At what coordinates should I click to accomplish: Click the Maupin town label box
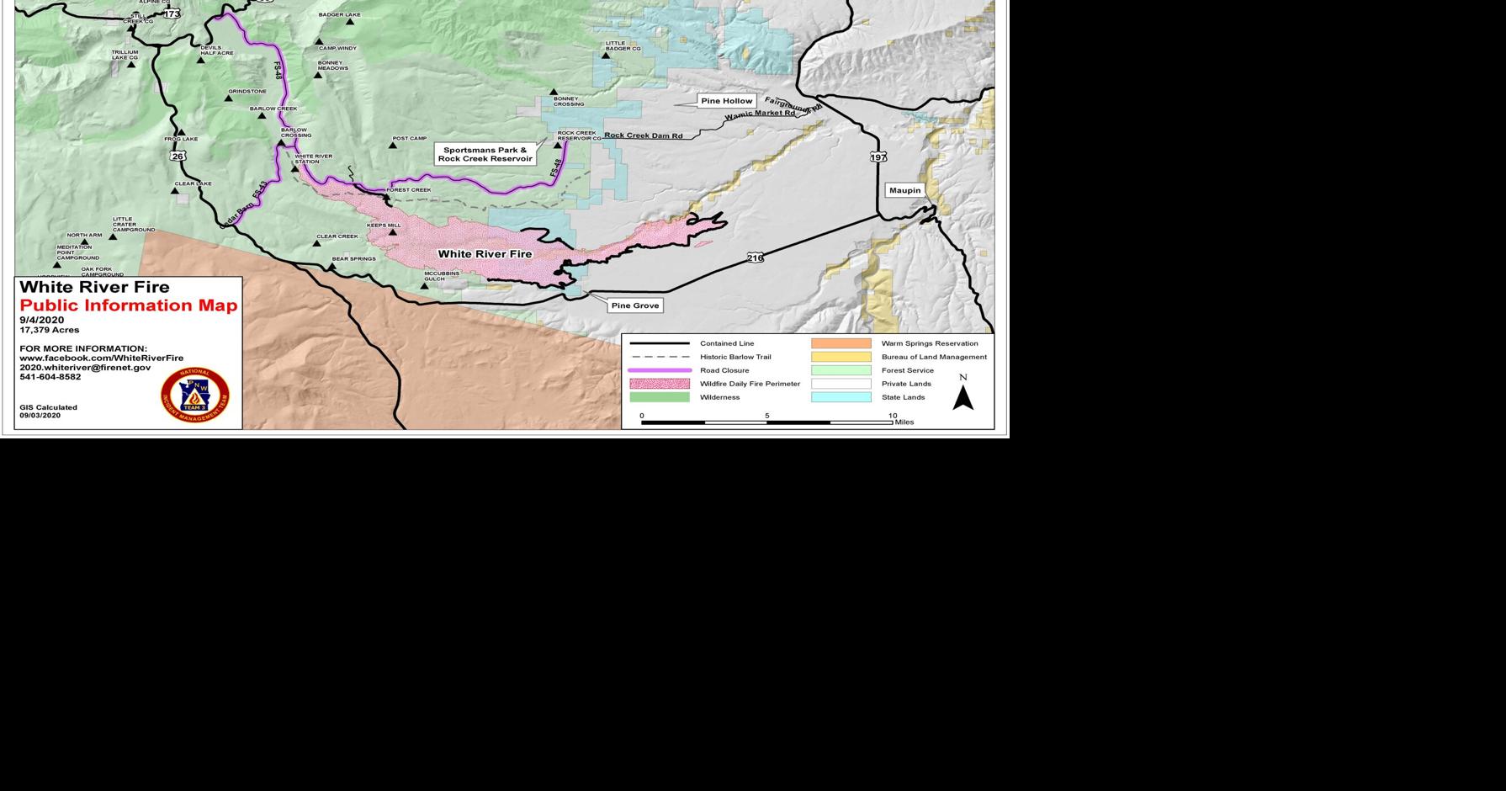904,190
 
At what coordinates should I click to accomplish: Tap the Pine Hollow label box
726,101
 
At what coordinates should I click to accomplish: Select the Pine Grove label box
634,305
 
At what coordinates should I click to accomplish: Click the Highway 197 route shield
878,157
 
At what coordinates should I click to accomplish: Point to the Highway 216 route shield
755,257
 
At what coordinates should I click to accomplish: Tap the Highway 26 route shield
177,157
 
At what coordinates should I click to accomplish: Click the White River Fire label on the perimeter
485,253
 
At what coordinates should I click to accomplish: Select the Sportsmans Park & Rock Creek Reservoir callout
485,154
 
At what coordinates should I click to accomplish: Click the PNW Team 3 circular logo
195,395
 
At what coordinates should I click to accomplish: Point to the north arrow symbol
962,396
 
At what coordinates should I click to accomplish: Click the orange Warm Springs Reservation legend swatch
840,343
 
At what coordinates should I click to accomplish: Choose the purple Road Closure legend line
660,370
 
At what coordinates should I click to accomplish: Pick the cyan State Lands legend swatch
840,397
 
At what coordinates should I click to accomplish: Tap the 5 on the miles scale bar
766,416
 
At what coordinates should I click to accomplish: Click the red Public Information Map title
129,305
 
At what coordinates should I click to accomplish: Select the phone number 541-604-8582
50,377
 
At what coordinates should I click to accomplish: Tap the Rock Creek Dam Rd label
643,135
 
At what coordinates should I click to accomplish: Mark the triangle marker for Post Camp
392,146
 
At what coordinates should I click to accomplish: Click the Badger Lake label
339,15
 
